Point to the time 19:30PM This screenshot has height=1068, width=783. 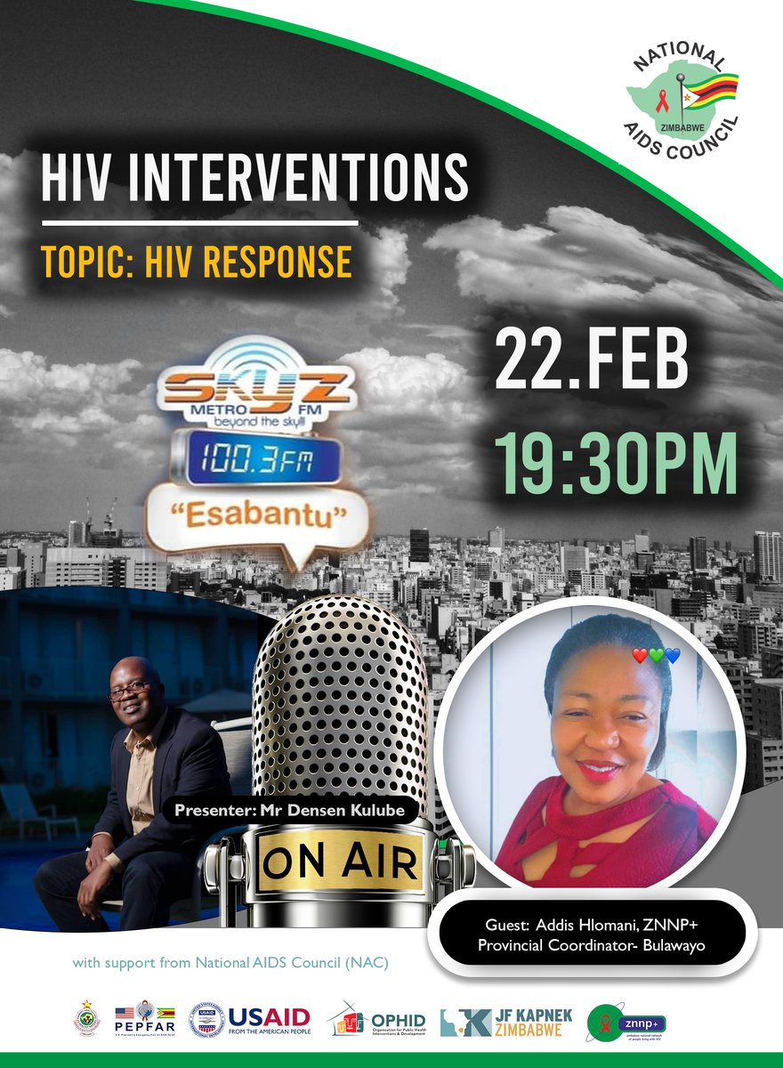pos(617,462)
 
